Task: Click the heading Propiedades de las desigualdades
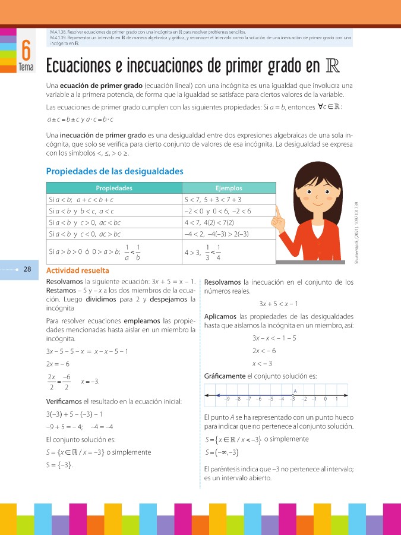(115, 172)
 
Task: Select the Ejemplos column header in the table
(229, 188)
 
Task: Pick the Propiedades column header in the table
(114, 188)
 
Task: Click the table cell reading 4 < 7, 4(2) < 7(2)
(211, 222)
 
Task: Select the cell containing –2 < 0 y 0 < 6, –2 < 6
(218, 211)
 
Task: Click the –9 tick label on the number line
(227, 399)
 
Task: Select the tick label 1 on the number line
(336, 399)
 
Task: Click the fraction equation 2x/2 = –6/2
(59, 382)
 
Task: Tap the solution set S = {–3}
(59, 465)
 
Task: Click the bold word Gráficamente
(224, 376)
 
